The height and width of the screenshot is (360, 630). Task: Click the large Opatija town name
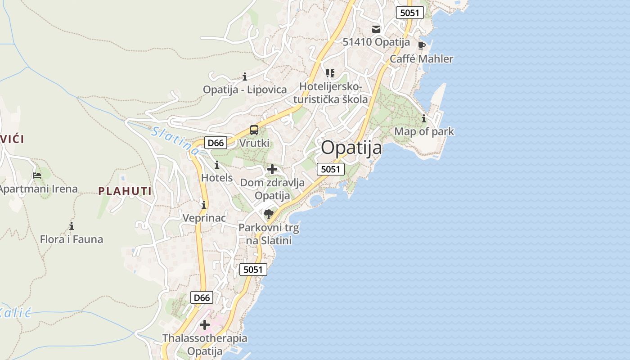tap(351, 148)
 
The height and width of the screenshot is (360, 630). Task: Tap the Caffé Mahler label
tap(421, 59)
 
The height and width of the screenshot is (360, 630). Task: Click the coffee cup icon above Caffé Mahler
tap(422, 45)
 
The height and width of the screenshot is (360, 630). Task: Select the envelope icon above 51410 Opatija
tap(376, 29)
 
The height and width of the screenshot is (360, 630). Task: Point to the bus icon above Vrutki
tap(254, 130)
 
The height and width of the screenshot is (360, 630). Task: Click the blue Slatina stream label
tap(175, 141)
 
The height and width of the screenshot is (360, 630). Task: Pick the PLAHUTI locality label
tap(125, 191)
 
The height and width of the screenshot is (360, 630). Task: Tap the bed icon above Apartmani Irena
tap(37, 175)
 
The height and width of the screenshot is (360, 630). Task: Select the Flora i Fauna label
tap(72, 239)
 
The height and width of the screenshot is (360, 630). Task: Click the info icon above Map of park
tap(424, 119)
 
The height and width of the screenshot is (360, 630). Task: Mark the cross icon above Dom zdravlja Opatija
tap(272, 170)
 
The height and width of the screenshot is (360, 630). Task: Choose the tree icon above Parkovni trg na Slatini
tap(269, 214)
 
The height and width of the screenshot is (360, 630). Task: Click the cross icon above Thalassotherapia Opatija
tap(205, 324)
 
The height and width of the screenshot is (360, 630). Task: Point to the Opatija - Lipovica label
tap(245, 90)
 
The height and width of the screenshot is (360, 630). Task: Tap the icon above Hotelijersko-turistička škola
tap(330, 73)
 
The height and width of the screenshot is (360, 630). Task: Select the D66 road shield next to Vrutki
tap(216, 143)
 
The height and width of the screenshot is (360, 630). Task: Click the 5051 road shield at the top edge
tap(409, 13)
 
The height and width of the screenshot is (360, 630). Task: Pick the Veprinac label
tap(204, 218)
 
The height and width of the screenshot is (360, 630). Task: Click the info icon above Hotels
tap(217, 165)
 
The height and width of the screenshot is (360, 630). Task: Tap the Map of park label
tap(424, 132)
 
